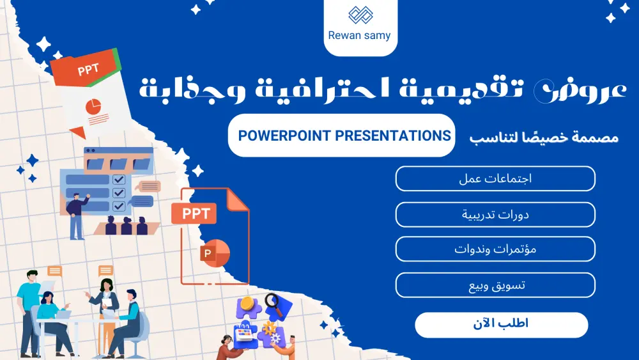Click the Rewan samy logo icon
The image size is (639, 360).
[x=360, y=15]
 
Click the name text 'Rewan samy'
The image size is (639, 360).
[x=360, y=35]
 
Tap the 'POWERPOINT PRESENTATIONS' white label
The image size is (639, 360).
[x=344, y=136]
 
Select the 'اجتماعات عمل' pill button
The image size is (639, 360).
[x=495, y=178]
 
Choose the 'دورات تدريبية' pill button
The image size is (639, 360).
[x=495, y=214]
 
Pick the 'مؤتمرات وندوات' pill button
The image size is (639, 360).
[x=495, y=249]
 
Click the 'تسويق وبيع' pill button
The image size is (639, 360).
[x=495, y=285]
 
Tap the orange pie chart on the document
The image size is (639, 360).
[x=95, y=106]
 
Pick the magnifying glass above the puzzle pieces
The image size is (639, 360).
[x=275, y=304]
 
